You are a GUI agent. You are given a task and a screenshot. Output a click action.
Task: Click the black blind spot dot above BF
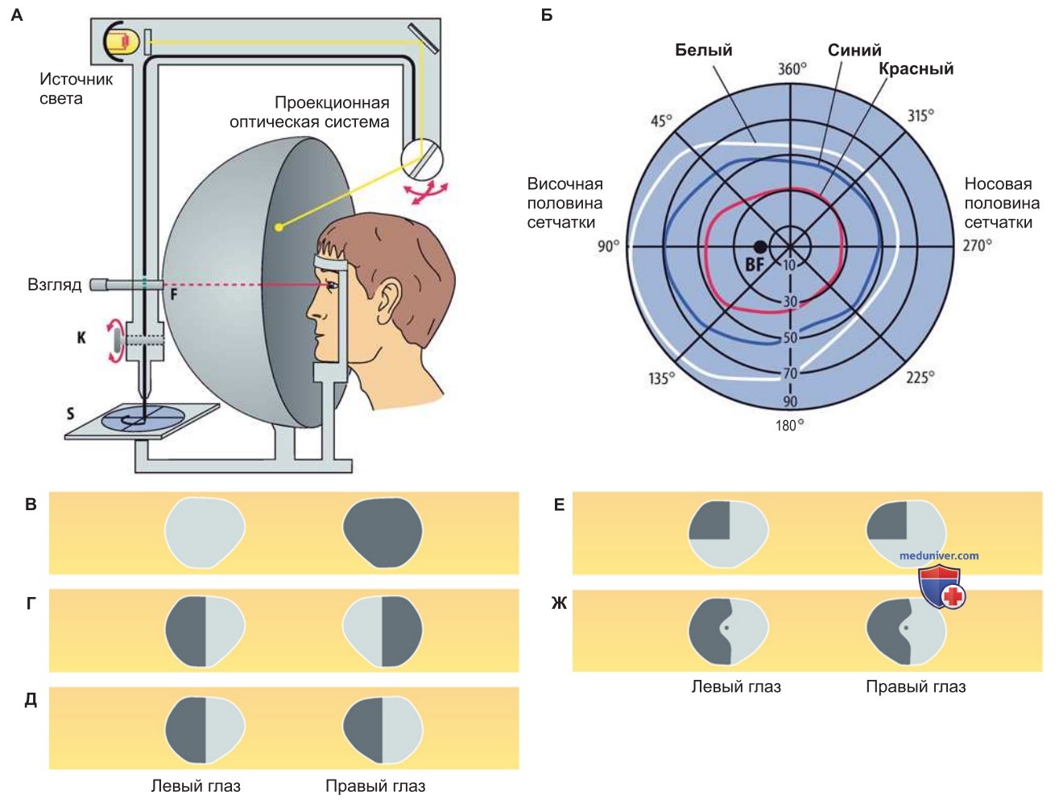pos(760,247)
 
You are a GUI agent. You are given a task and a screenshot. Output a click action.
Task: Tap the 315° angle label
pos(920,116)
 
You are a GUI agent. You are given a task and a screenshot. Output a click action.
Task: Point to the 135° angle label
pos(661,377)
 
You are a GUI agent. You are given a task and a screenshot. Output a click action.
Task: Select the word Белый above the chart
pos(703,50)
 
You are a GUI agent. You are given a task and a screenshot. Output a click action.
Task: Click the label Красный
pos(916,68)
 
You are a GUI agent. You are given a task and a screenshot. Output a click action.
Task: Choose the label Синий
pos(854,50)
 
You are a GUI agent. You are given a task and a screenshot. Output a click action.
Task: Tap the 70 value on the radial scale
pos(790,373)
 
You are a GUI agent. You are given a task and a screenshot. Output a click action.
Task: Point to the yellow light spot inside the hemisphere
pos(279,228)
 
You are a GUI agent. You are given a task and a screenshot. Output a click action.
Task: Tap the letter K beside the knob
pos(81,338)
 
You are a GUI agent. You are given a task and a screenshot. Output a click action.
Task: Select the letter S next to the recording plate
pos(70,414)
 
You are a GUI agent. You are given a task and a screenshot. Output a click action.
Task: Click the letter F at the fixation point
pos(174,294)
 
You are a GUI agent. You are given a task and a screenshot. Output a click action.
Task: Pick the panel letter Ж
pos(559,603)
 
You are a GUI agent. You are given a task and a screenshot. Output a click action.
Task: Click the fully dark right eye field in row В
pos(383,533)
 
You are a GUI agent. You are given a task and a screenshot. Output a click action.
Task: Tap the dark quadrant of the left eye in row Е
pos(709,521)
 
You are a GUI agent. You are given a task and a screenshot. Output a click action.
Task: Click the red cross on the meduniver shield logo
pos(953,596)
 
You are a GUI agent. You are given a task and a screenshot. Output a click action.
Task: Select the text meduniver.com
pos(939,555)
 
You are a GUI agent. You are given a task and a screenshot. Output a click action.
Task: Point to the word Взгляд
pos(55,285)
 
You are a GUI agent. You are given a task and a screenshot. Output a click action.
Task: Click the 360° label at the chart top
pos(792,69)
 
